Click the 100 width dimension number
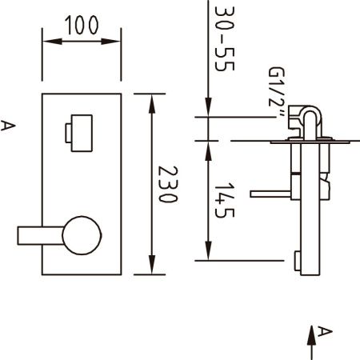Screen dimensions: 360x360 coord(82,25)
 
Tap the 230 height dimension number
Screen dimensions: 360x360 coord(168,184)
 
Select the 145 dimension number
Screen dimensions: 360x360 coord(224,200)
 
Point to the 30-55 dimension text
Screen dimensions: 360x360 coord(225,38)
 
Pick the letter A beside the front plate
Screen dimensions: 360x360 coord(8,126)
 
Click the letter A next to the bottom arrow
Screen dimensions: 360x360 coord(325,331)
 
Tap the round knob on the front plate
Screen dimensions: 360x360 coord(82,235)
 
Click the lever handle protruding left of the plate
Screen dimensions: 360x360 coord(41,236)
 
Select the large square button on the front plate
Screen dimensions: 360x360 coord(82,133)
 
